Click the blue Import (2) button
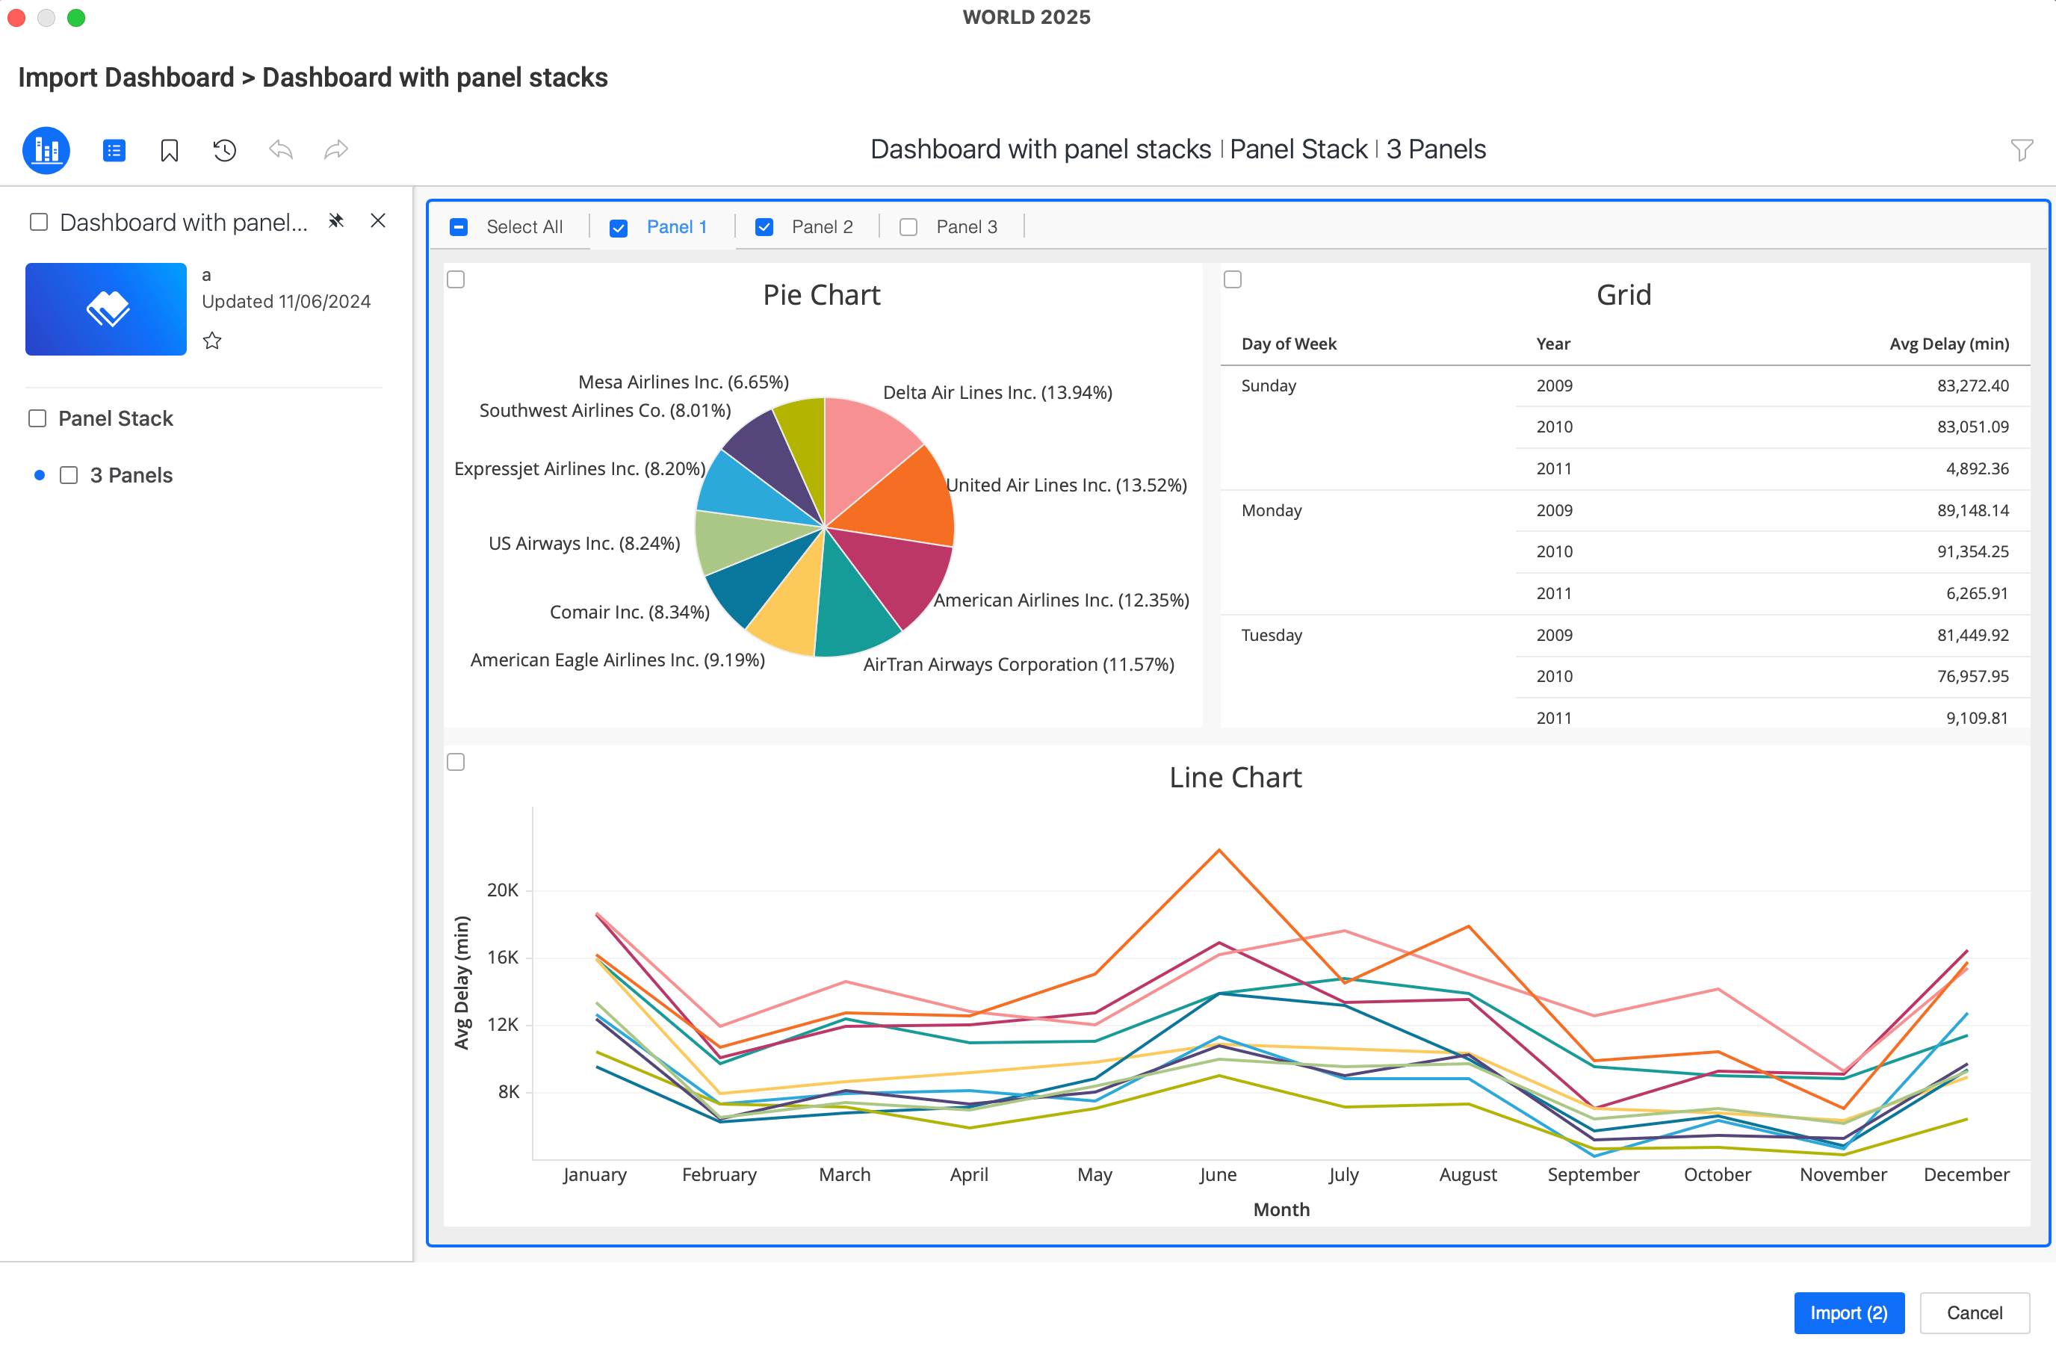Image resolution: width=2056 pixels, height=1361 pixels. (1848, 1312)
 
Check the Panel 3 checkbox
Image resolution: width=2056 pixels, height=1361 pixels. (908, 227)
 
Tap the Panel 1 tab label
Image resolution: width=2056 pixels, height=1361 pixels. (676, 227)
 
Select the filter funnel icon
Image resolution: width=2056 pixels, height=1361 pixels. (2022, 150)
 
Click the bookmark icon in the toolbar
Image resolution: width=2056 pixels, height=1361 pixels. (170, 151)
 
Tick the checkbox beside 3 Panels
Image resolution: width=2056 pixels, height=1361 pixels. (69, 476)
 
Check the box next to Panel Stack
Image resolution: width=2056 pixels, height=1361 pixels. (37, 418)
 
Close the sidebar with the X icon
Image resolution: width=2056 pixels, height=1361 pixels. (377, 221)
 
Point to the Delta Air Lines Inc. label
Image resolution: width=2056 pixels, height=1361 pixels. (997, 392)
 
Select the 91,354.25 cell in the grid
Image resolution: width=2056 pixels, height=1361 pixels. (1972, 552)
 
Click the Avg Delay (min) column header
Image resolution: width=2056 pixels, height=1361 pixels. (1948, 344)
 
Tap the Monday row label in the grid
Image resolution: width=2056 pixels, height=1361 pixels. (1272, 510)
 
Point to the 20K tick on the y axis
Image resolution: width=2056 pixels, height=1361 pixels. (503, 890)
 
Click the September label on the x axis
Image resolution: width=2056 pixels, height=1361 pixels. (1593, 1174)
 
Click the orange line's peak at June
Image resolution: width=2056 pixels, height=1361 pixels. (1219, 851)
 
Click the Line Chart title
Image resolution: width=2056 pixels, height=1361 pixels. (1235, 778)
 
